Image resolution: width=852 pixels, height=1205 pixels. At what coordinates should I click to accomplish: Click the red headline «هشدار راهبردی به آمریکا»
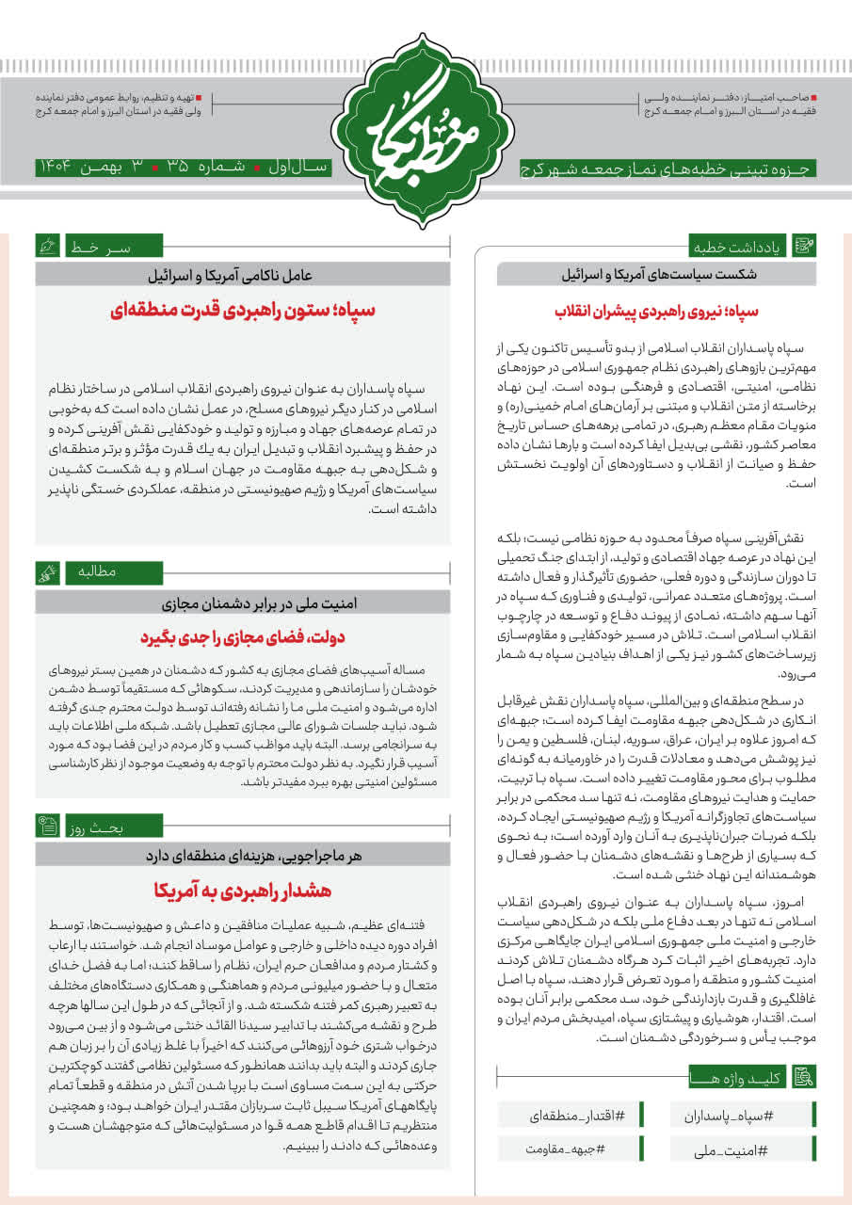[244, 890]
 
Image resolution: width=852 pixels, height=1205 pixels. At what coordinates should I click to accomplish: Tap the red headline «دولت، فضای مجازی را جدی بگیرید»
[244, 637]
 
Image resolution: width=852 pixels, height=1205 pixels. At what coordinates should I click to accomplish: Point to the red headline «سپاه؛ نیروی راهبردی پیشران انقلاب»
[656, 311]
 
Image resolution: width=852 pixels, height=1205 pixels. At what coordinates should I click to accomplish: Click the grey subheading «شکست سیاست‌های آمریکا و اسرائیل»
[656, 275]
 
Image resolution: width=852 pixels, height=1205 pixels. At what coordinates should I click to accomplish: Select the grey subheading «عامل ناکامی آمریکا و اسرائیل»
[244, 275]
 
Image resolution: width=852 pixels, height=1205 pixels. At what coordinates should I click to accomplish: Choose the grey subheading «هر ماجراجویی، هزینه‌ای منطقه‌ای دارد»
[244, 856]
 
